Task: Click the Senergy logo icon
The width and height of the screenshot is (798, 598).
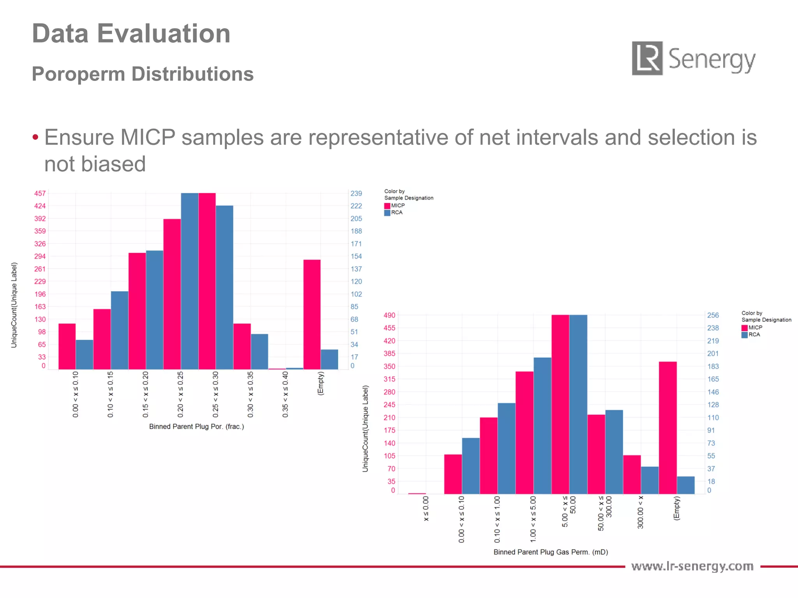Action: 647,58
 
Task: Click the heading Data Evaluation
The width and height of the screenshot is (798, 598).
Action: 131,33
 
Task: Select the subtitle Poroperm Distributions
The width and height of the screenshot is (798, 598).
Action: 143,74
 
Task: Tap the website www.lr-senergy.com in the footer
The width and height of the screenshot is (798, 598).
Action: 692,566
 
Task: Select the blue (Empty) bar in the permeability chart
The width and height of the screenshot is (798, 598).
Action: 686,485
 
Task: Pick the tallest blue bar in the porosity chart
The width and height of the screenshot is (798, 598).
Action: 190,281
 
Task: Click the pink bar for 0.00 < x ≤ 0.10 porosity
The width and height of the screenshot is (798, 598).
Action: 67,346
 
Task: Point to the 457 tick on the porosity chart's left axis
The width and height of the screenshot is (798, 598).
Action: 40,193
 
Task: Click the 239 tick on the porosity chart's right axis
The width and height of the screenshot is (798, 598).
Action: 356,193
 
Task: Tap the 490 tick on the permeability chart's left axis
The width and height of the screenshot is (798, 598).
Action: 389,315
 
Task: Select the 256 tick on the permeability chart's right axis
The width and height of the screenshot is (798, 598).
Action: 713,315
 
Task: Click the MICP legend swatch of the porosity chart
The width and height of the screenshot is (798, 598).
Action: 387,206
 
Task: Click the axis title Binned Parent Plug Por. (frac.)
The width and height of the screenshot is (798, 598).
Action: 196,427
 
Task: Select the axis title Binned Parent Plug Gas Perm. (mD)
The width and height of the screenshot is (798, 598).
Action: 551,552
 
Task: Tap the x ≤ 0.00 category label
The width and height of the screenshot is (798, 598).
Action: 426,508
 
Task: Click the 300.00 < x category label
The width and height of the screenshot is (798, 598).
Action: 640,512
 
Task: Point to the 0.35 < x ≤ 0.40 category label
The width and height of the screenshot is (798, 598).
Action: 285,394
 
